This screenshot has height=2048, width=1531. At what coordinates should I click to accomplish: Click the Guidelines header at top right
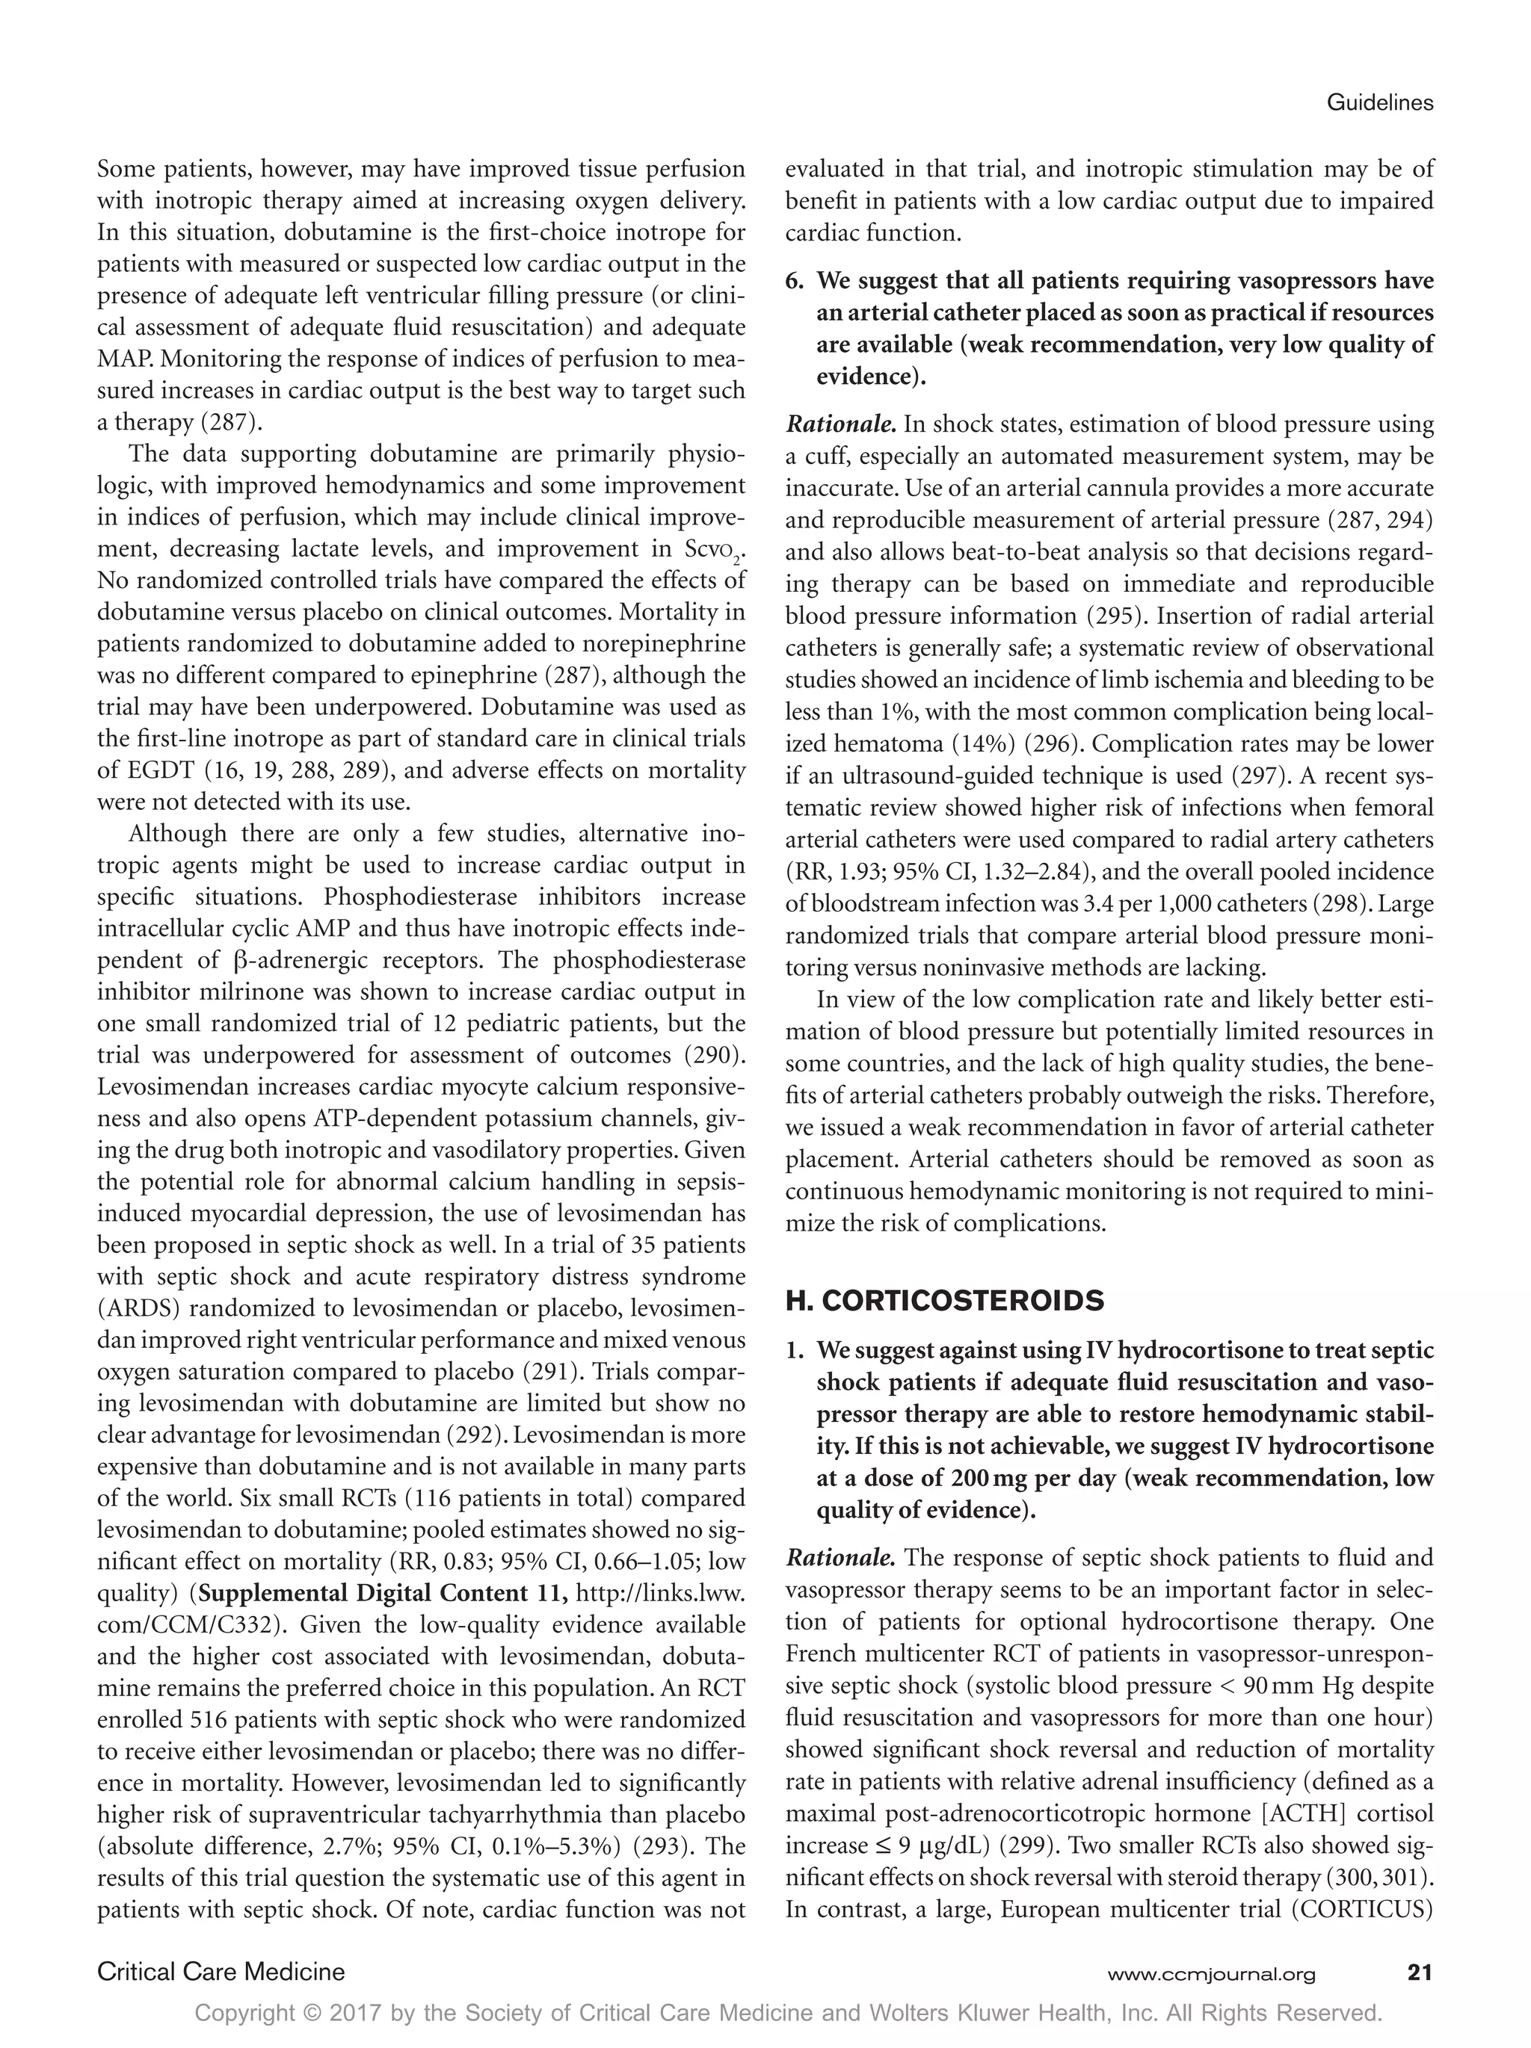[x=1379, y=104]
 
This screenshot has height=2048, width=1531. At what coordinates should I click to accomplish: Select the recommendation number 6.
[x=795, y=280]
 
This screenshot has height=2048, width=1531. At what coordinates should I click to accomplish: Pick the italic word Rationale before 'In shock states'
[x=840, y=425]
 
